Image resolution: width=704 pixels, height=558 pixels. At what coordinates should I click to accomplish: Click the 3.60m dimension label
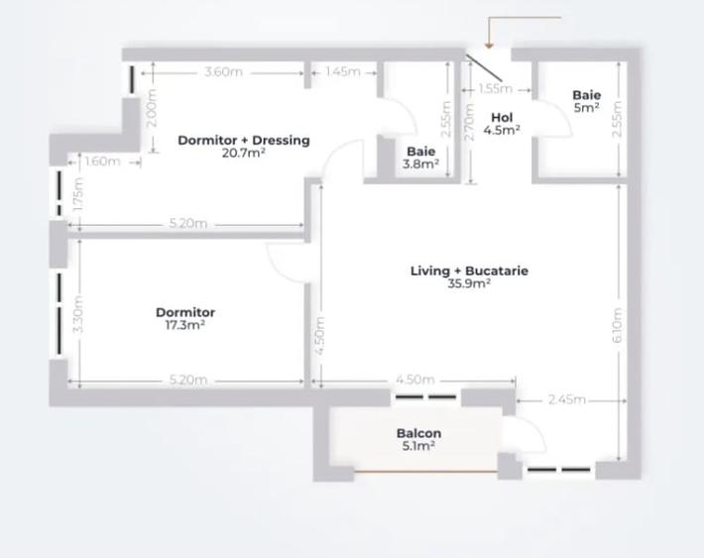pos(223,72)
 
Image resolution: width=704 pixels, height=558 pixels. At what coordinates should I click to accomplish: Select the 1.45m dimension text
pos(343,72)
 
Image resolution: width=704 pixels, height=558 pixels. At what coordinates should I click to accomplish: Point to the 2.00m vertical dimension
pos(152,105)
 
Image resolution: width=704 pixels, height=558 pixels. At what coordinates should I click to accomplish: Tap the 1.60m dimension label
pos(102,162)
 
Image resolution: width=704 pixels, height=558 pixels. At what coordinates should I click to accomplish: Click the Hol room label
pos(502,118)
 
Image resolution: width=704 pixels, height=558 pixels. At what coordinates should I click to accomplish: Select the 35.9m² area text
pos(469,283)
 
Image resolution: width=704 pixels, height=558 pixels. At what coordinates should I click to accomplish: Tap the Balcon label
pos(418,433)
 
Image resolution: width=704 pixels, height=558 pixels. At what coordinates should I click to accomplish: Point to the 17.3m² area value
pos(185,325)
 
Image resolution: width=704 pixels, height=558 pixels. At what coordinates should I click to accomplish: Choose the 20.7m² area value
pos(244,153)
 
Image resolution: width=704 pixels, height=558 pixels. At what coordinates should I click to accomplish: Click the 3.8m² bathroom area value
pos(421,165)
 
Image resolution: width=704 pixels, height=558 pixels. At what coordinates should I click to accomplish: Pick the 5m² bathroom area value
pos(586,107)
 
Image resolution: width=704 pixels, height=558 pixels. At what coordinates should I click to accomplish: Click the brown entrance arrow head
pos(489,46)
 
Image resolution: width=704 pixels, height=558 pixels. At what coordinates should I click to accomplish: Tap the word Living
pos(432,271)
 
